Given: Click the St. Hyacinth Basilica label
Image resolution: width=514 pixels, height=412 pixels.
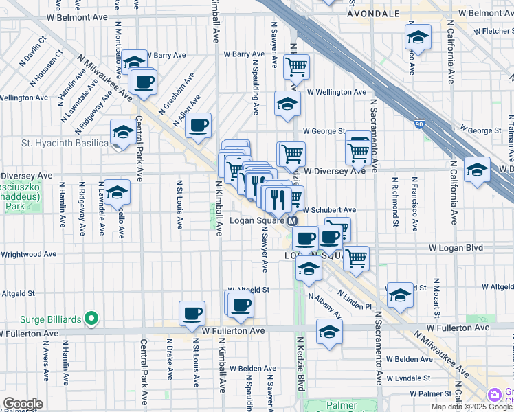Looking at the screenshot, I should pyautogui.click(x=55, y=143).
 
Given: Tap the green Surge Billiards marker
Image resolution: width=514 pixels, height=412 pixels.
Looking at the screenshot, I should pyautogui.click(x=91, y=319).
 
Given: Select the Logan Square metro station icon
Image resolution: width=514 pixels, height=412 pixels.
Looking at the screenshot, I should pyautogui.click(x=292, y=220).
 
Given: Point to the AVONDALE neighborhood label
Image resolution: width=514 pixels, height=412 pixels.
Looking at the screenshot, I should pyautogui.click(x=373, y=13).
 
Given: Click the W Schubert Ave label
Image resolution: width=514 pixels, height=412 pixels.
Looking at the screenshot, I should pyautogui.click(x=329, y=209).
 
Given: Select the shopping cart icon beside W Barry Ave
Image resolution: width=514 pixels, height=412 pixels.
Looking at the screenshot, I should pyautogui.click(x=296, y=67).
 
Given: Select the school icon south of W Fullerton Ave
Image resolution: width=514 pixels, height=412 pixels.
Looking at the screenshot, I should pyautogui.click(x=329, y=331).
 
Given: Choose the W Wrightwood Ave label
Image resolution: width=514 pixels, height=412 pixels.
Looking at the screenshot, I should pyautogui.click(x=27, y=254).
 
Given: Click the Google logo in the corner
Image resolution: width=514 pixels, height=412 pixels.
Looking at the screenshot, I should pyautogui.click(x=23, y=403).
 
